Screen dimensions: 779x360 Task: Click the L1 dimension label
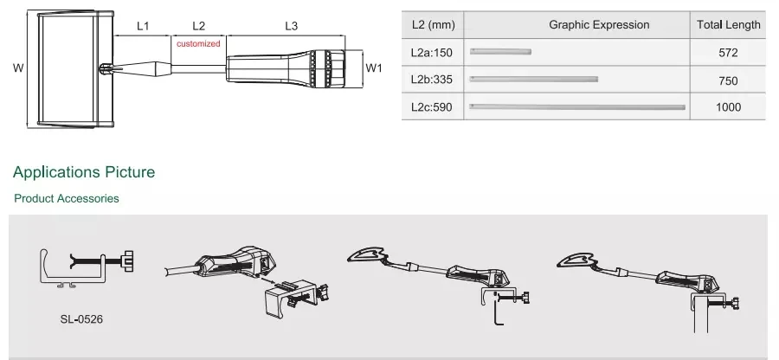click(x=143, y=26)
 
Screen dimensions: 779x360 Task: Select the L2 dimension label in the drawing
click(x=198, y=26)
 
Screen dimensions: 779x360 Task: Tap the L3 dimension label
click(x=292, y=26)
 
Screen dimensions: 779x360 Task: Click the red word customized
click(x=198, y=43)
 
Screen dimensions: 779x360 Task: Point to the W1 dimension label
click(x=374, y=68)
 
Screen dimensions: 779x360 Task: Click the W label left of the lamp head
click(x=18, y=68)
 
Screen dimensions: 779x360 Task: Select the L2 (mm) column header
click(x=433, y=25)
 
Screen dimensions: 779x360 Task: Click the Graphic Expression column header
click(x=599, y=25)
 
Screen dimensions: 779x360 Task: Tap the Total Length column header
click(x=728, y=25)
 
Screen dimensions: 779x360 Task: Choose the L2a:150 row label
click(x=432, y=53)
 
